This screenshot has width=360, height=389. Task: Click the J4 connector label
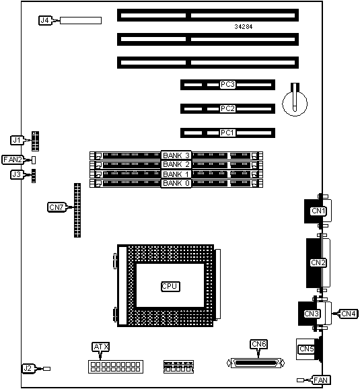coord(45,20)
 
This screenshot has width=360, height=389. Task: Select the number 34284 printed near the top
coord(244,26)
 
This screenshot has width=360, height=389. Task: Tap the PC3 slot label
coord(227,85)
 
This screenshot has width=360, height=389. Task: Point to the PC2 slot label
coord(227,108)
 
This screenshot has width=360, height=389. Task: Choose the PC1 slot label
coord(227,133)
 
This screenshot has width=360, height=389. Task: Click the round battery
coord(295,103)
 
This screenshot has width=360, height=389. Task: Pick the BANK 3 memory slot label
coord(176,155)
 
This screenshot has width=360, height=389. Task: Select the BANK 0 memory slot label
coord(176,183)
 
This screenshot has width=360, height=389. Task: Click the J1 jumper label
coord(17,140)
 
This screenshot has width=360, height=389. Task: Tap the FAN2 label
coord(13,160)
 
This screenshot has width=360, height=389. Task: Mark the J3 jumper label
coord(17,174)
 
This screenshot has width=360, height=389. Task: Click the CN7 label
coord(57,207)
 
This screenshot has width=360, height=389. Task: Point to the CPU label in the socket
coord(170,286)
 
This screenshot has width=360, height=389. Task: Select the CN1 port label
coord(318,211)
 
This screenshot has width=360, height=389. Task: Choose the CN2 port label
coord(318,262)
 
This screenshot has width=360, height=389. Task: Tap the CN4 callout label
coord(349,314)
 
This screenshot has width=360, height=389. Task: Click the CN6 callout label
coord(259,344)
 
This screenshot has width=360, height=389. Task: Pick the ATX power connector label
coord(100,347)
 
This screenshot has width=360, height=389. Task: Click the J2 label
coord(28,368)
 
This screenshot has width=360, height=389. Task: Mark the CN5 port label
coord(307,349)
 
